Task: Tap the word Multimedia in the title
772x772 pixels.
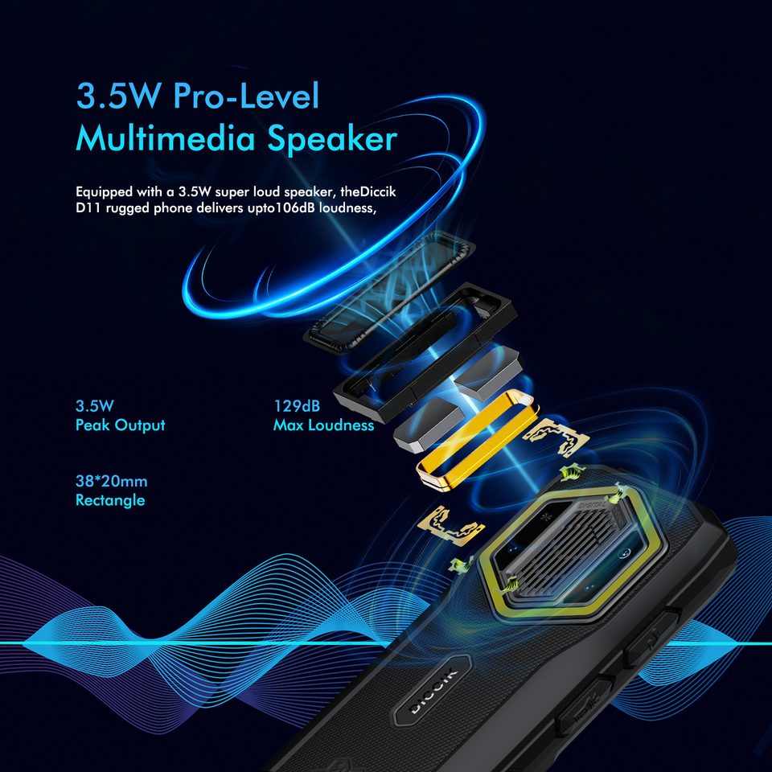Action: pyautogui.click(x=166, y=139)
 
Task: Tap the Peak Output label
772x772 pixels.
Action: pyautogui.click(x=120, y=425)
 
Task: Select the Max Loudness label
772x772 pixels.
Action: pyautogui.click(x=323, y=425)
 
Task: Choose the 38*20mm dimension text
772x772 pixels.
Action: pyautogui.click(x=111, y=482)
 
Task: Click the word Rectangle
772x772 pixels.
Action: pyautogui.click(x=110, y=500)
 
